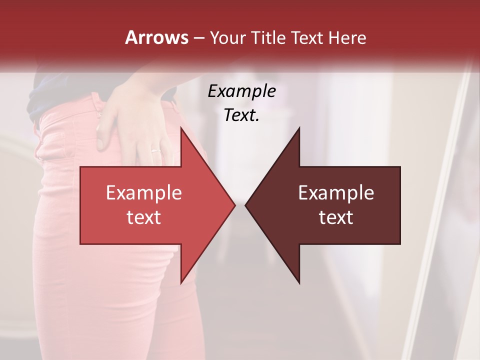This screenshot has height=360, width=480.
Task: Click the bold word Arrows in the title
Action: [x=156, y=37]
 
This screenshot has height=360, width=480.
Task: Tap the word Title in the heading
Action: [x=268, y=38]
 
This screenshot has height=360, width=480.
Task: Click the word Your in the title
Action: [x=226, y=38]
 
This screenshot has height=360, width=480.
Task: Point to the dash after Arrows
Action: [x=198, y=38]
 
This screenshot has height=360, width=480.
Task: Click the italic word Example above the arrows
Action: [x=241, y=91]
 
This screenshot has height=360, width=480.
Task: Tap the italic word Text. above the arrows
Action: [x=241, y=115]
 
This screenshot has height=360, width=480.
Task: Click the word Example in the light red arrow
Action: [x=144, y=192]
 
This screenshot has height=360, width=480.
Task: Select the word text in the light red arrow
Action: [x=144, y=217]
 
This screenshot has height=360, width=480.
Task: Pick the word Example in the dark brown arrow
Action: [x=336, y=192]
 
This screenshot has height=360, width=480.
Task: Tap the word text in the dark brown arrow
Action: [x=336, y=217]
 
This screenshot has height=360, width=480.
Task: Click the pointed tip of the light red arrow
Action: [x=234, y=205]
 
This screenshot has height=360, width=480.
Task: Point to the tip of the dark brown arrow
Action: [x=245, y=205]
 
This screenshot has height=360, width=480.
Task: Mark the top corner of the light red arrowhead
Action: [x=181, y=128]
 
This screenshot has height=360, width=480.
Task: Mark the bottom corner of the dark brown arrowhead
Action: [x=299, y=283]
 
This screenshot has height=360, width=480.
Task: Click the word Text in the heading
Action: [x=307, y=38]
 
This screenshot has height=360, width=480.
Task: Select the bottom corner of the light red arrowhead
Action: [x=181, y=283]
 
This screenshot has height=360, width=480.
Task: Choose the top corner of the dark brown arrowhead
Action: [x=299, y=128]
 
